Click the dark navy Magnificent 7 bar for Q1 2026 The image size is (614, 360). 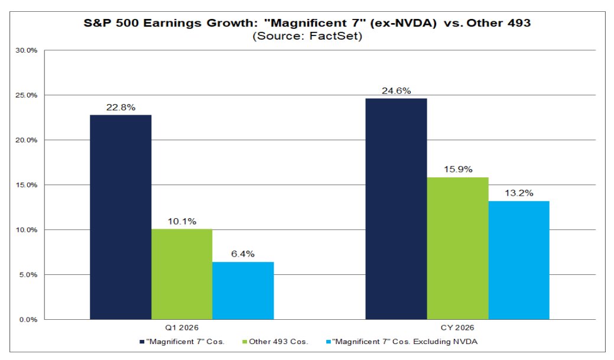121,217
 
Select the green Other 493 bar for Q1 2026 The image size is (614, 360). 181,274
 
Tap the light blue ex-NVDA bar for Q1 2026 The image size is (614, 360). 243,290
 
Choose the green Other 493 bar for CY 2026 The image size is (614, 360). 457,248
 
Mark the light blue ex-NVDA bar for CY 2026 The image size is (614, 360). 519,260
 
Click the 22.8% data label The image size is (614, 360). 121,106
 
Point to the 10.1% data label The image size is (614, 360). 181,220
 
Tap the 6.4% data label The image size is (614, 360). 243,254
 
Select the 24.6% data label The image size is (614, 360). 396,90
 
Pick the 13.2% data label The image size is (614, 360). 519,193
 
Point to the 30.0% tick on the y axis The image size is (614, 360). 28,51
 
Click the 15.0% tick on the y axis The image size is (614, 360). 28,185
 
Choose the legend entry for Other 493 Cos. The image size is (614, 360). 281,342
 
